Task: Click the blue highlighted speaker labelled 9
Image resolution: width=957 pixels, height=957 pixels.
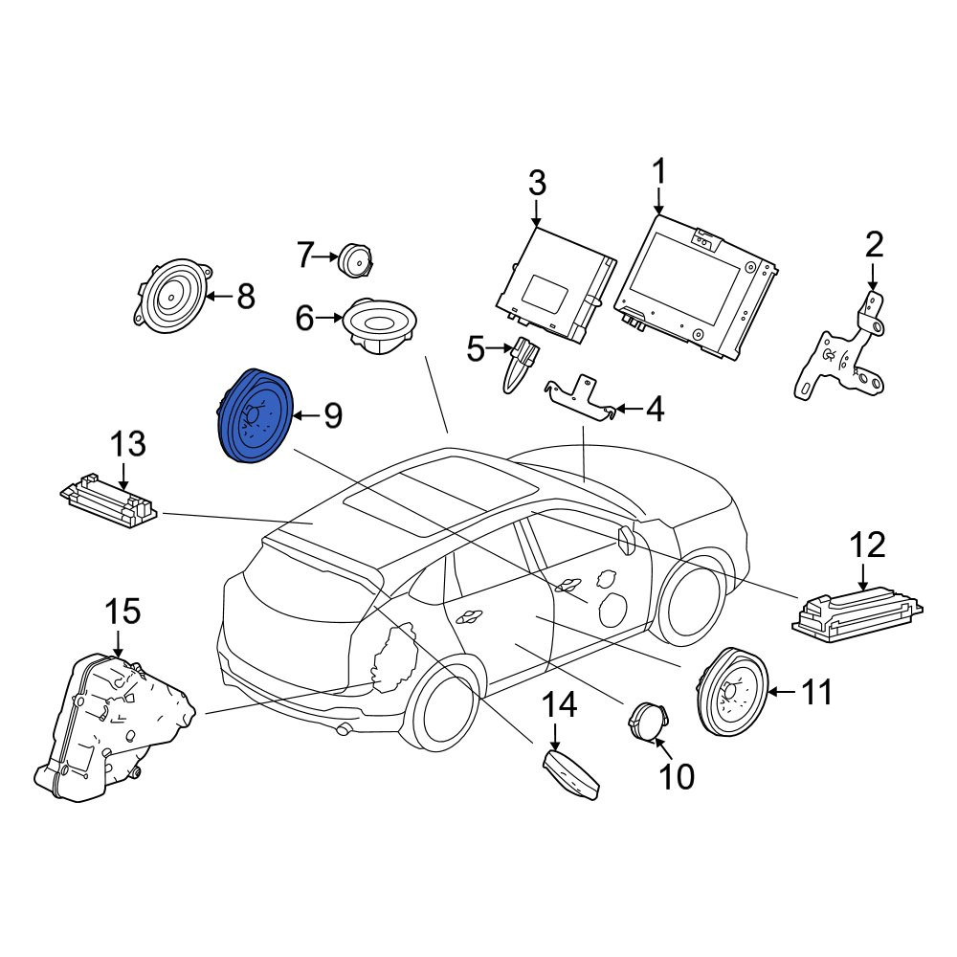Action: pyautogui.click(x=256, y=415)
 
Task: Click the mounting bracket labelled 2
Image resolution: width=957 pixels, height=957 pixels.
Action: pyautogui.click(x=841, y=346)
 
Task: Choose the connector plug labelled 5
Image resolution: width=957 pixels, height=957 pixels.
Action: pyautogui.click(x=521, y=364)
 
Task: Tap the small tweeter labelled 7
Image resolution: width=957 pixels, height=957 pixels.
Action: pyautogui.click(x=355, y=260)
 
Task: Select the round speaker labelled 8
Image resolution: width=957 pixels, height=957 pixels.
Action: pyautogui.click(x=174, y=296)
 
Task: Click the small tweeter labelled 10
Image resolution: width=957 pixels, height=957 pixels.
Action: pyautogui.click(x=650, y=721)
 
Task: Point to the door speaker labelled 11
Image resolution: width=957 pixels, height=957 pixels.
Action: pyautogui.click(x=733, y=691)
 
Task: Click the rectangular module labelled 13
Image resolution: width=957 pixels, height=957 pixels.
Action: pyautogui.click(x=109, y=500)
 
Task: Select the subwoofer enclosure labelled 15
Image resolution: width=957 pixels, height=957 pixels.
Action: pyautogui.click(x=114, y=727)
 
